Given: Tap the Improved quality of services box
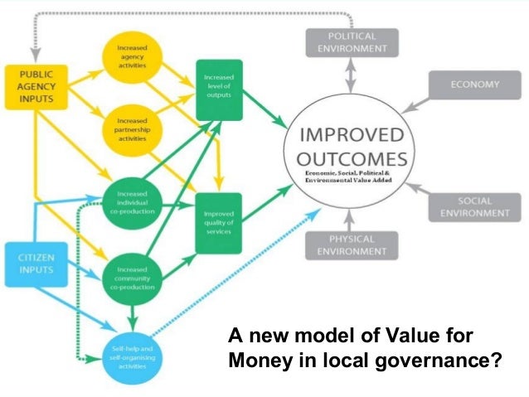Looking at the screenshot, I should point(218,220).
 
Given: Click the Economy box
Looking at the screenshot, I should point(475,85).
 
